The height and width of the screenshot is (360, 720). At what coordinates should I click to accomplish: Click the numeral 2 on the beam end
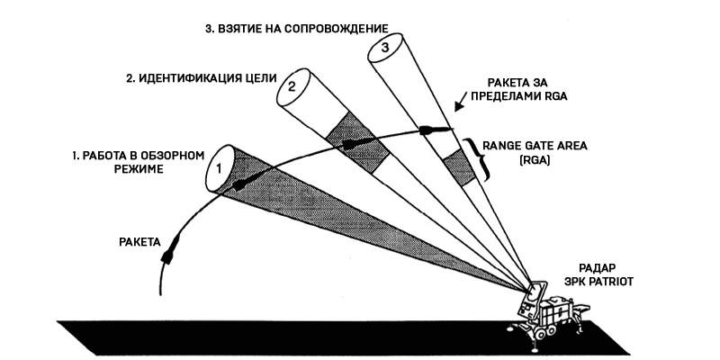point(292,87)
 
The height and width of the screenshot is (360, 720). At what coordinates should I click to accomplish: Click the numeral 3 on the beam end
point(385,45)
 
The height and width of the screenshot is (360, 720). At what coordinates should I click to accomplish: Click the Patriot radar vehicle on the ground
point(544,315)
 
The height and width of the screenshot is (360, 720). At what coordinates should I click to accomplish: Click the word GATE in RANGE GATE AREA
point(541,144)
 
